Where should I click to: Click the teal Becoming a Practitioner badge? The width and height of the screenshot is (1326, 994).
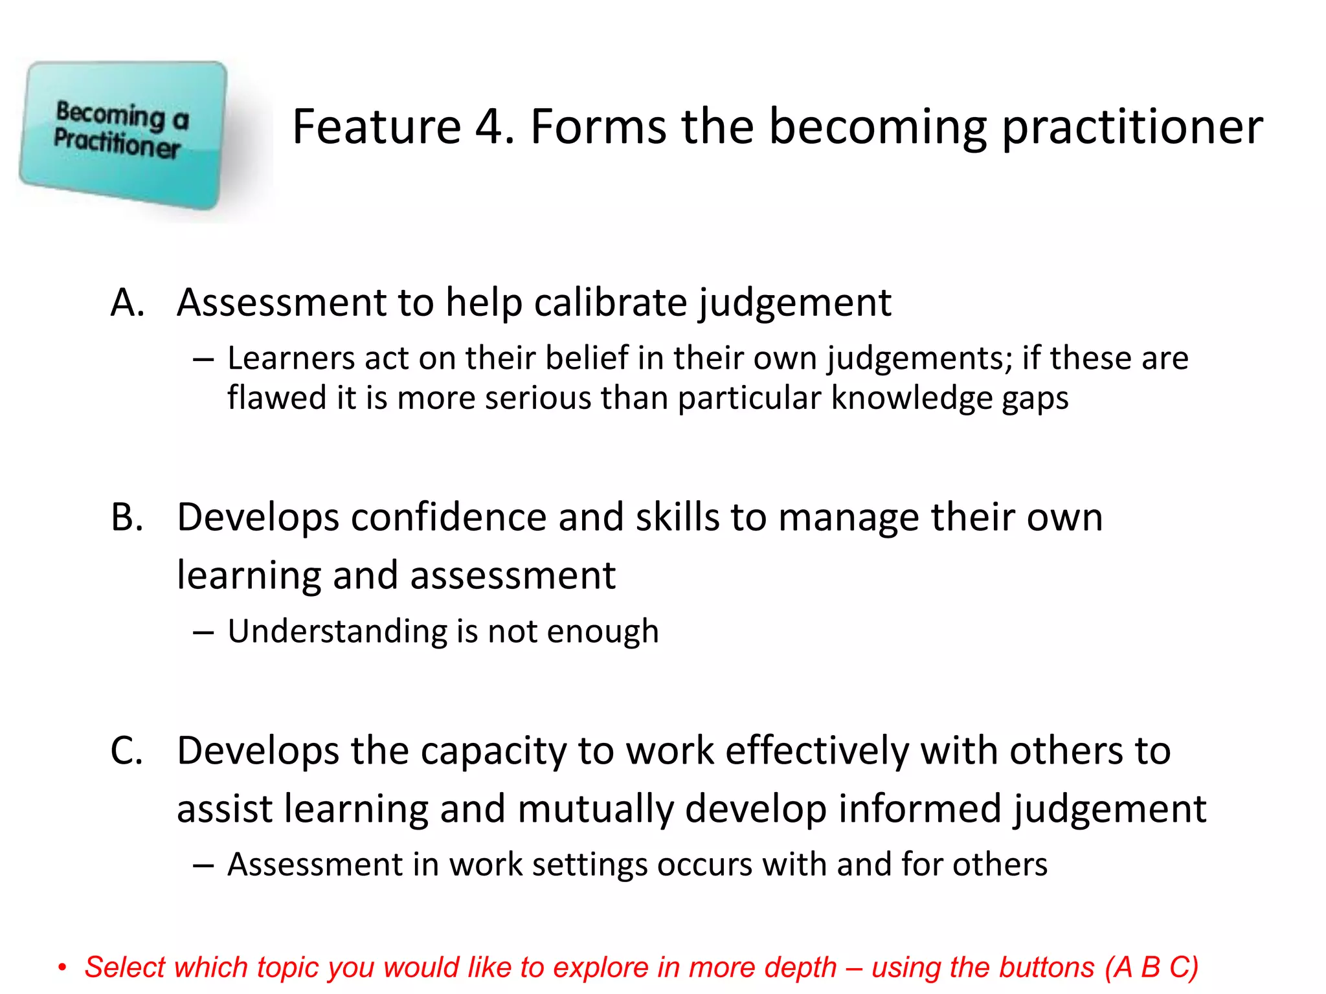pyautogui.click(x=123, y=135)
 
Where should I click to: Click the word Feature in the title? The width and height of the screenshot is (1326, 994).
pyautogui.click(x=377, y=127)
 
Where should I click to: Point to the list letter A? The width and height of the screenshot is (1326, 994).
pyautogui.click(x=127, y=303)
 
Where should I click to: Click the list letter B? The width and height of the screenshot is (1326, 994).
pyautogui.click(x=127, y=518)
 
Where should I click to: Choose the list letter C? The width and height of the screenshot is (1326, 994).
pyautogui.click(x=127, y=751)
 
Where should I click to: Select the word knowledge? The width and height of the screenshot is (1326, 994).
pyautogui.click(x=911, y=397)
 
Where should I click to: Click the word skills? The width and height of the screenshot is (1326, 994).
pyautogui.click(x=677, y=518)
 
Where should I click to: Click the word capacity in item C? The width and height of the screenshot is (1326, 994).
pyautogui.click(x=493, y=751)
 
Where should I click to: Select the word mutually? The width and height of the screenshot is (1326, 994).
pyautogui.click(x=595, y=809)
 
